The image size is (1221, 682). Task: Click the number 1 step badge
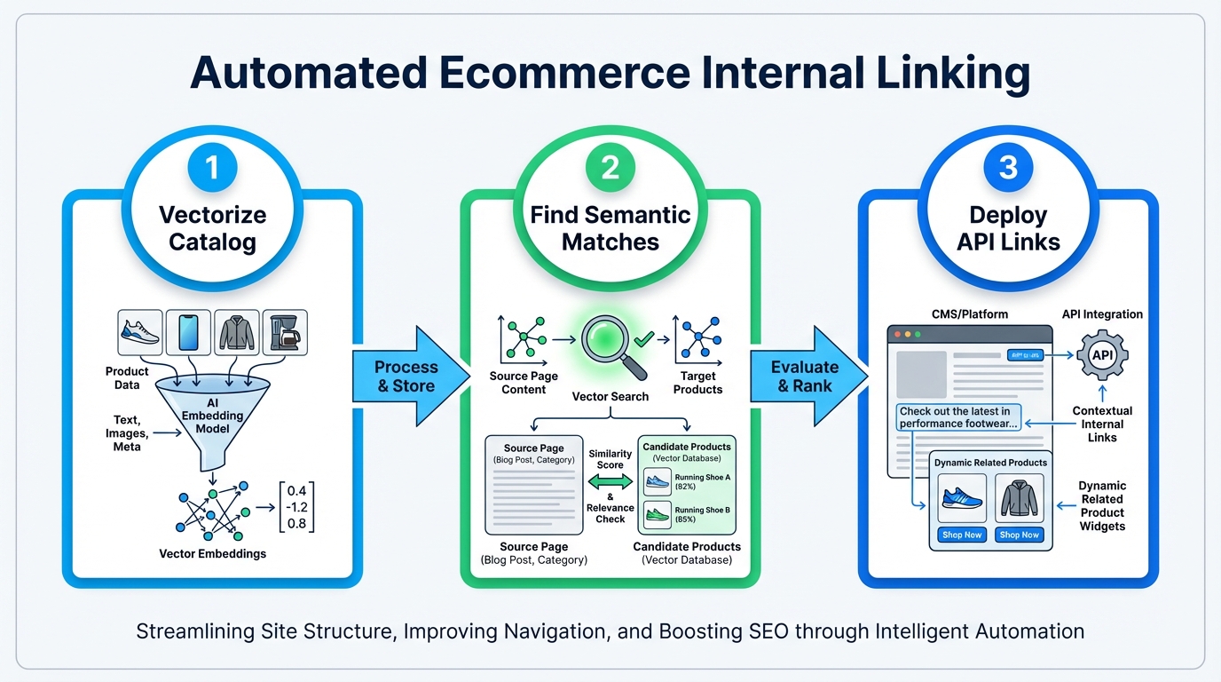point(212,167)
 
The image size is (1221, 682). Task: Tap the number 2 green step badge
point(610,167)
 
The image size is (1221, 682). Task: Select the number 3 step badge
point(1008,167)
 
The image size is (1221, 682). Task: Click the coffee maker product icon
point(285,332)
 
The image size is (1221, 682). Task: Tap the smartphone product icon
point(188,332)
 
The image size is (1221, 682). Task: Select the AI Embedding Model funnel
point(212,417)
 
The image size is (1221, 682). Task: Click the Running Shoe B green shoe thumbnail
point(658,512)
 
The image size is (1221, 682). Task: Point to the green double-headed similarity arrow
point(610,481)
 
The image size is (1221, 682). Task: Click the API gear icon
point(1102,355)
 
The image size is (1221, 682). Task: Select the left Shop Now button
point(962,535)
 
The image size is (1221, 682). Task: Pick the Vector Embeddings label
point(212,553)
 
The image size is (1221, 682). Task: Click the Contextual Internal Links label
point(1102,424)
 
